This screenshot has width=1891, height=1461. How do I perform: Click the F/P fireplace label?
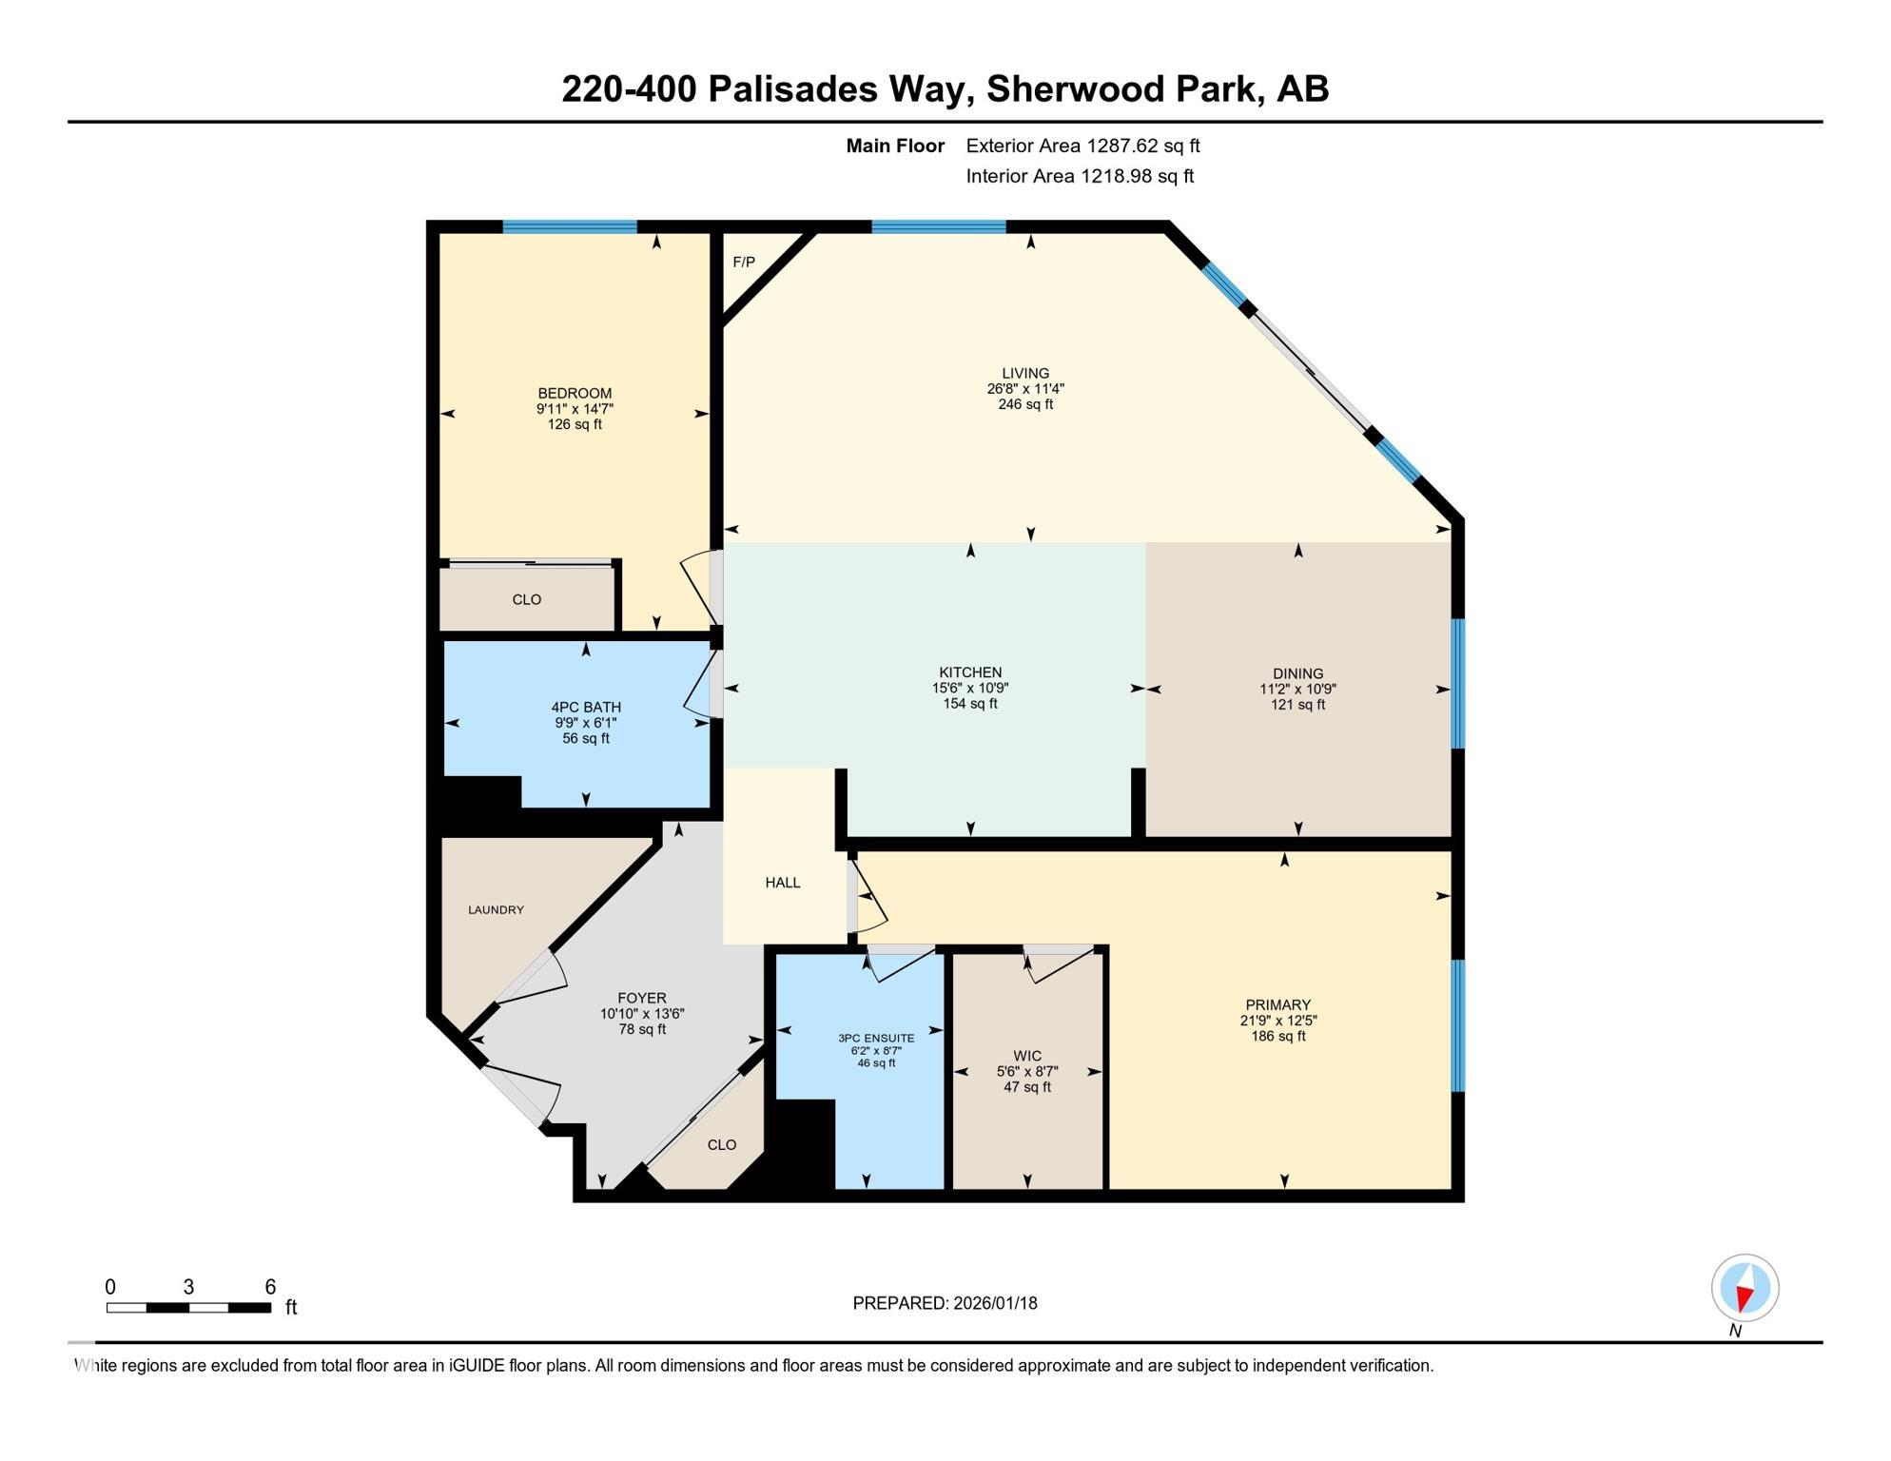click(x=744, y=262)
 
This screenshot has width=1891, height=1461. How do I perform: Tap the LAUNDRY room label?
click(x=496, y=910)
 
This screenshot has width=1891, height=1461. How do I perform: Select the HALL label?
click(x=783, y=883)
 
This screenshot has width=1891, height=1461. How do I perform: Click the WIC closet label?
click(x=1027, y=1056)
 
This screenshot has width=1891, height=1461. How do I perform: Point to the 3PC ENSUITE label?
click(x=876, y=1038)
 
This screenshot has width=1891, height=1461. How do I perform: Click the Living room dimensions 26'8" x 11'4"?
click(x=1025, y=389)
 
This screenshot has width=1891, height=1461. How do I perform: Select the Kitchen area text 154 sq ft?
click(x=970, y=704)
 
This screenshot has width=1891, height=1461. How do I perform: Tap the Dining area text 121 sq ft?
click(x=1298, y=705)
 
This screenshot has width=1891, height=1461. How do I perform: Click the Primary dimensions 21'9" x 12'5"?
click(x=1278, y=1021)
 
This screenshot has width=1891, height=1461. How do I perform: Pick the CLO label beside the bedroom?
click(x=527, y=599)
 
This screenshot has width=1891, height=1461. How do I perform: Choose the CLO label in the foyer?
click(x=722, y=1145)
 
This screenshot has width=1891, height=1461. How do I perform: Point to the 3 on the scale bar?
click(x=188, y=1287)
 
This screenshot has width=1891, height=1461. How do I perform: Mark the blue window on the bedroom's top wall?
click(x=570, y=226)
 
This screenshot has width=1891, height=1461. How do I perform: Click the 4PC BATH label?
click(x=586, y=707)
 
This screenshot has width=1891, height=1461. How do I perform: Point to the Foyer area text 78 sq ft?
click(x=642, y=1029)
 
